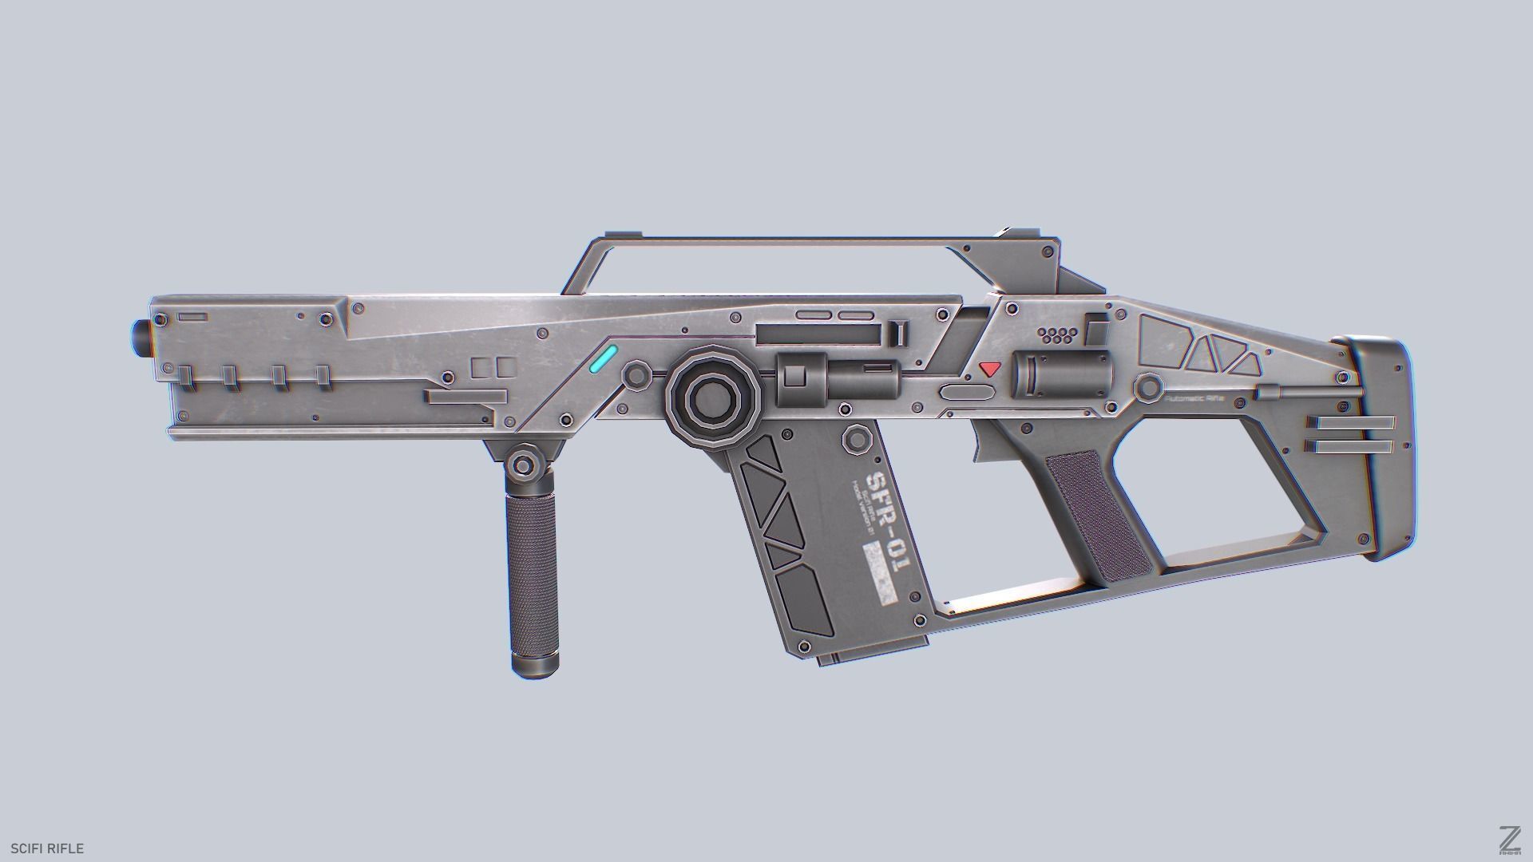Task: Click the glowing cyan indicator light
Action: [604, 359]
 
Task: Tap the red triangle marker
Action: [990, 369]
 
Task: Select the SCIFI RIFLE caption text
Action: [47, 848]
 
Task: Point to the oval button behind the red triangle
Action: [967, 392]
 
